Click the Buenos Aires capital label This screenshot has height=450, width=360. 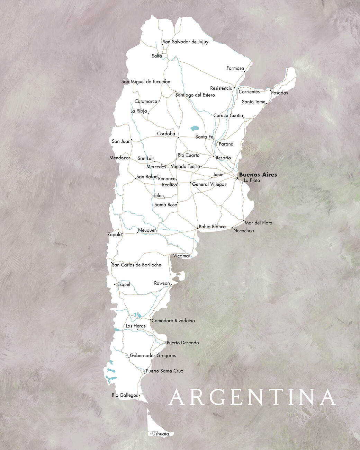pos(258,175)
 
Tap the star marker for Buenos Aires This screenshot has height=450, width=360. pos(237,178)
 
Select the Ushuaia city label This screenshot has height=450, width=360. pos(161,434)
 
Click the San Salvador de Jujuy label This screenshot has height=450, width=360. pos(186,42)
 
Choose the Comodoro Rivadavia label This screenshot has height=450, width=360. pos(173,320)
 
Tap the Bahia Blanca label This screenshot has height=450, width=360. pos(212,227)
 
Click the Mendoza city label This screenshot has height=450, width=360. pos(119,158)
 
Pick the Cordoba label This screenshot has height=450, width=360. pos(166,134)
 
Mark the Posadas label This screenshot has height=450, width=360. pos(279,93)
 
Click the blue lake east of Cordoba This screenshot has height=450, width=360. pos(194,129)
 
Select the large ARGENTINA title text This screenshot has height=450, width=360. pos(253,397)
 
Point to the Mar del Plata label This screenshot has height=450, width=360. pos(259,223)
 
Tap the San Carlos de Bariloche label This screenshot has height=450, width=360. pos(136,265)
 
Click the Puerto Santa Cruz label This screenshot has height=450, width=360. pos(164,371)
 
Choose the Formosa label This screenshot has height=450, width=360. pos(235,68)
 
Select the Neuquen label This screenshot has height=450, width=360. pos(147,230)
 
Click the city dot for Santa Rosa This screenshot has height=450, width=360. pos(178,202)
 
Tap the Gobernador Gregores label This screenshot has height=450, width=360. pos(153,355)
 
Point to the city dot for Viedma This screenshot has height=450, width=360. pos(190,256)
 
